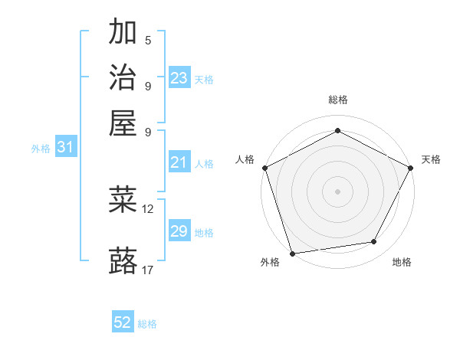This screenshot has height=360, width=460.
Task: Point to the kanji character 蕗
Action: point(123,260)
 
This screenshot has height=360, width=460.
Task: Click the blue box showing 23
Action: point(179,78)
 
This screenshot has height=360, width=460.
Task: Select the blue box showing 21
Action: point(179,162)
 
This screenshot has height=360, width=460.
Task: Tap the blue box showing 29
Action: point(179,231)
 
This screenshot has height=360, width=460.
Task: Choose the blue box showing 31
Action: point(65,147)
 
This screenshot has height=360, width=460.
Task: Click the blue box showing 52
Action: point(123,322)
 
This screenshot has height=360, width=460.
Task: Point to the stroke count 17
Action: point(148,270)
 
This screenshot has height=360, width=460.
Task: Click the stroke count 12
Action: point(148,208)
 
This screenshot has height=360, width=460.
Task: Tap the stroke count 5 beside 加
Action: point(148,40)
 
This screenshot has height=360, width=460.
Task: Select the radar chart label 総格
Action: point(338,100)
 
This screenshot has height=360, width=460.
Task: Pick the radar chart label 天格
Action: point(431,159)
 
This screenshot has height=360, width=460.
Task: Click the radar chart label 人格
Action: point(245,159)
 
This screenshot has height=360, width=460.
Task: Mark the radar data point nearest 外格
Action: point(292,253)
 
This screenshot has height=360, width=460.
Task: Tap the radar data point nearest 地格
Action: point(374,242)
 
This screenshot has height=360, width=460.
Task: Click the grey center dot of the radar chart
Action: point(338,191)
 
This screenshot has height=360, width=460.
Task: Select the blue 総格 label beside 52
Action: point(147,324)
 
